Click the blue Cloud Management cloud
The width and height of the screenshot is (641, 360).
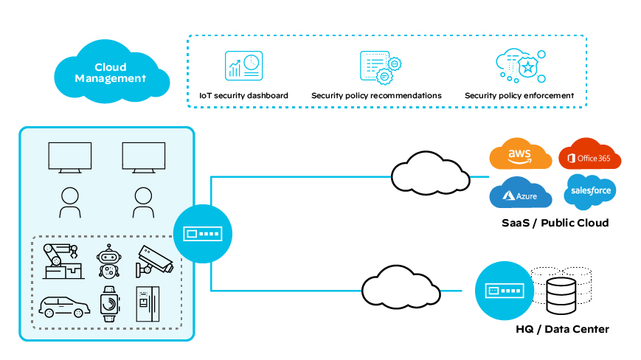[111, 72]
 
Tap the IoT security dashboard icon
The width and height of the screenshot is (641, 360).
[243, 66]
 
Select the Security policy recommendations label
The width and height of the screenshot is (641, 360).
[376, 96]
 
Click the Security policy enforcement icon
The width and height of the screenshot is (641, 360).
[519, 66]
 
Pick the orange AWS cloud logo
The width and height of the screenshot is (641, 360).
[521, 156]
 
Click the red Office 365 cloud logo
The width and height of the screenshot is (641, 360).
[589, 156]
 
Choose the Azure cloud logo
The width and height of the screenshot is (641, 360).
[521, 194]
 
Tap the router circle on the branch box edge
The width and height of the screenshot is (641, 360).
[202, 235]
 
